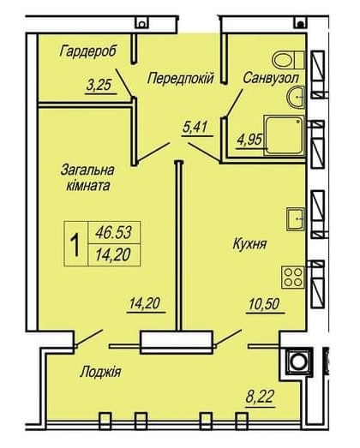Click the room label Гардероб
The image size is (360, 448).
[88, 52]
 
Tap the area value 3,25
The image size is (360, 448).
[99, 85]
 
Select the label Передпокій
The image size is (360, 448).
[181, 78]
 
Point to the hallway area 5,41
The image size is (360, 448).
[195, 127]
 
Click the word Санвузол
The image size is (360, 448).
[271, 78]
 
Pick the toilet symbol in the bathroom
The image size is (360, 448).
[288, 60]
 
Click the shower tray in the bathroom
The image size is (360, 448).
[284, 135]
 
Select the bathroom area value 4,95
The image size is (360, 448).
[249, 140]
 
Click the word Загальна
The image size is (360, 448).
[87, 170]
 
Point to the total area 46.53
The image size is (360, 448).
[114, 232]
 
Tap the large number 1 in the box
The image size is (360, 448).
[75, 244]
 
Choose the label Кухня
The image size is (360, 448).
[250, 244]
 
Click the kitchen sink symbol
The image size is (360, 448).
[296, 219]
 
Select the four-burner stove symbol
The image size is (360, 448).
[293, 277]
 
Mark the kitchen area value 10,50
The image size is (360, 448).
[264, 304]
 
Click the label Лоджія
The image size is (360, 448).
[100, 373]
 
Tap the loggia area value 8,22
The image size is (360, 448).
[261, 397]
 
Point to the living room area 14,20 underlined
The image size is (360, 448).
[145, 303]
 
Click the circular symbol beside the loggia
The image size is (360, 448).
[298, 361]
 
